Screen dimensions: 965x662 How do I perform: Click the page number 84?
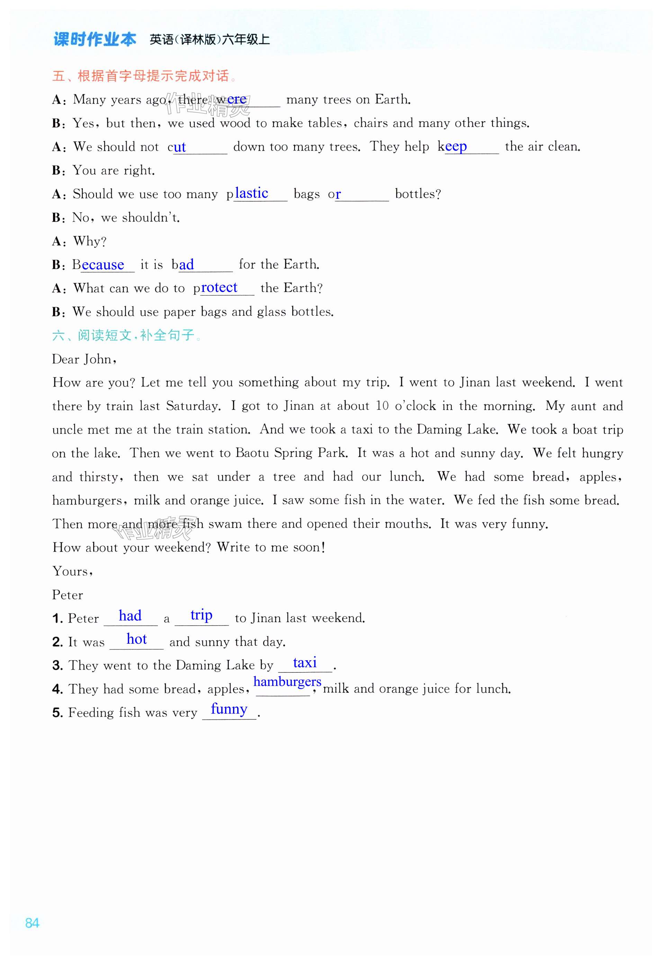pyautogui.click(x=33, y=923)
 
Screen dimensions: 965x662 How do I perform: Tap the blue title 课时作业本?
pyautogui.click(x=95, y=39)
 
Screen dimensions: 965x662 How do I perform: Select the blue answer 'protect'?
pyautogui.click(x=218, y=287)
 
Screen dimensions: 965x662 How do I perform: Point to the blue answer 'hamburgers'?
pyautogui.click(x=287, y=682)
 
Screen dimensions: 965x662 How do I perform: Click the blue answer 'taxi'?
pyautogui.click(x=304, y=663)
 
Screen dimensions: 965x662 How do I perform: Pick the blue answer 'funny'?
pyautogui.click(x=229, y=709)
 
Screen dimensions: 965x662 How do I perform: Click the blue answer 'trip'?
pyautogui.click(x=201, y=615)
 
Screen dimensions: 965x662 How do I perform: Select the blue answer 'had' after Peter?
pyautogui.click(x=130, y=616)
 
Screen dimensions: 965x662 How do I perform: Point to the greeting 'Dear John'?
pyautogui.click(x=83, y=359)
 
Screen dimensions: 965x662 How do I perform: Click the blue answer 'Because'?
pyautogui.click(x=102, y=265)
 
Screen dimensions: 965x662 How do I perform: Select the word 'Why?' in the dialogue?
pyautogui.click(x=90, y=241)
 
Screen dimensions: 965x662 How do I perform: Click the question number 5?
pyautogui.click(x=57, y=713)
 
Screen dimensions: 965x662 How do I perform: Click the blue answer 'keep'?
pyautogui.click(x=455, y=146)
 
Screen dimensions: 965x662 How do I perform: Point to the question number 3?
pyautogui.click(x=57, y=665)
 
